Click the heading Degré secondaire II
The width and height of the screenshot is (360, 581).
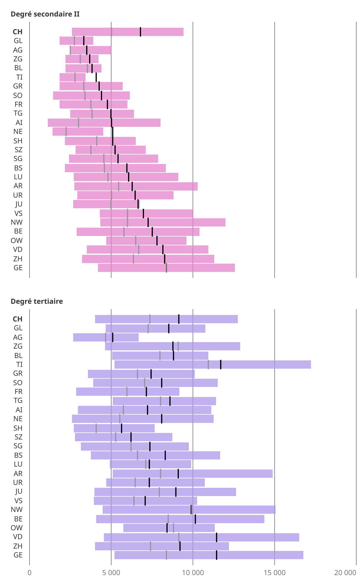45,14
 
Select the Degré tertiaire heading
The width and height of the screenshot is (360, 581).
37,301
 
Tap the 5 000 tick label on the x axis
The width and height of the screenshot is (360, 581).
111,573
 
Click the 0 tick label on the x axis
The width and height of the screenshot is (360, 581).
30,573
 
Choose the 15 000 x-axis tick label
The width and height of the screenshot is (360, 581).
274,573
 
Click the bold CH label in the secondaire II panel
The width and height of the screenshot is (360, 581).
17,32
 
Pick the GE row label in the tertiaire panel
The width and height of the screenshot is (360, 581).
18,555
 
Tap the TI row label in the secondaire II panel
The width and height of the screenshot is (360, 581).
19,77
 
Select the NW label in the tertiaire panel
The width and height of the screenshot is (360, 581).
17,509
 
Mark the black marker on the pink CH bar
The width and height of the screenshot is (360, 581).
140,32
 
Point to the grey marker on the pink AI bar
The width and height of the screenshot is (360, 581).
78,123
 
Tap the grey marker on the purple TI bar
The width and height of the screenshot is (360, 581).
208,365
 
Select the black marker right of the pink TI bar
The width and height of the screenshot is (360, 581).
96,77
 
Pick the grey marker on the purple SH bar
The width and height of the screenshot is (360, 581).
96,428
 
